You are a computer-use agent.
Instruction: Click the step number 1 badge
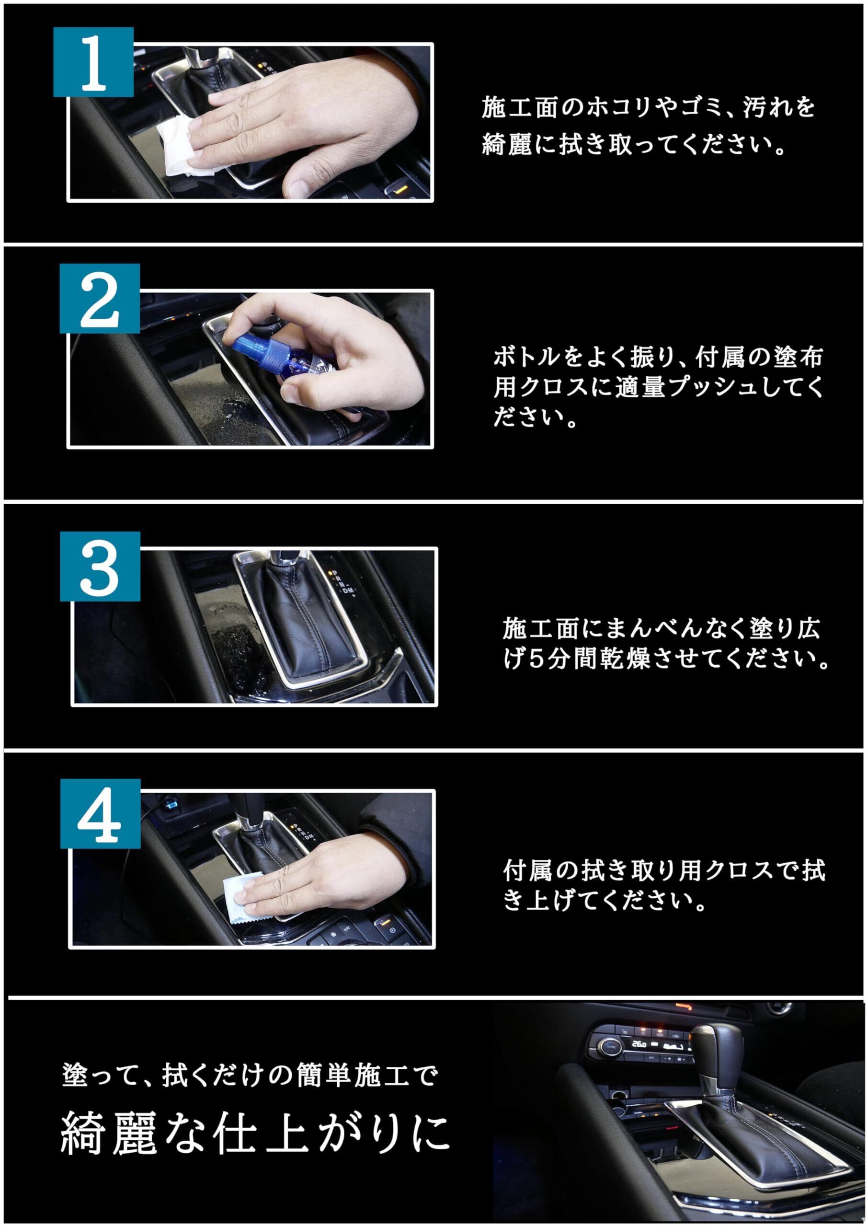(93, 62)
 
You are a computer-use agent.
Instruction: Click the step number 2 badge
(99, 299)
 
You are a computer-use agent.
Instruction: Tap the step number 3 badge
(100, 567)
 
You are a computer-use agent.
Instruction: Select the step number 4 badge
(101, 813)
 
